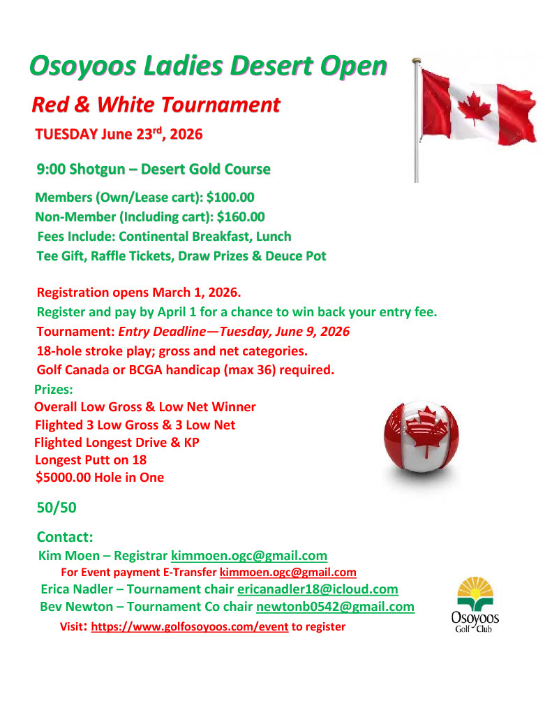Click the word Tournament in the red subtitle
(x=221, y=105)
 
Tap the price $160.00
(x=241, y=217)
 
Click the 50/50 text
(x=57, y=508)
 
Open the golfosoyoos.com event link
(x=190, y=626)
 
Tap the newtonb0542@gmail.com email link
(x=335, y=607)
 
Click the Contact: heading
(x=65, y=537)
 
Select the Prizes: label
(x=54, y=389)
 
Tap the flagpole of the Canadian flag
(x=417, y=126)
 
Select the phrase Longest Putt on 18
(x=91, y=460)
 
